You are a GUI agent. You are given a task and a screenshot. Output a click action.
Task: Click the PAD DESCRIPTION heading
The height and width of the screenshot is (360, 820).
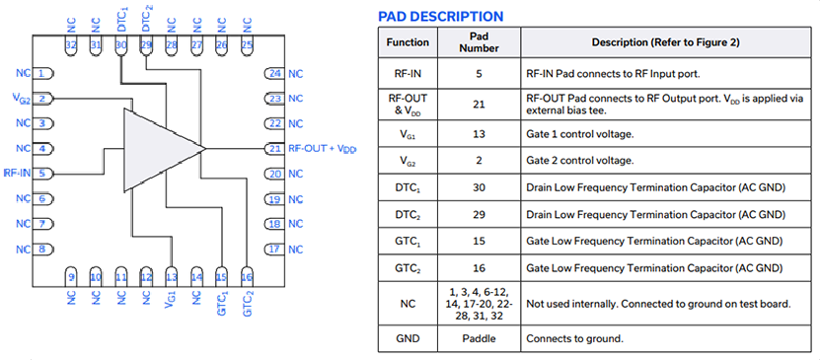coord(441,16)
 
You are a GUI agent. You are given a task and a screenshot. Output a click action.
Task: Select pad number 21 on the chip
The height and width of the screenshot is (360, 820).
coord(274,149)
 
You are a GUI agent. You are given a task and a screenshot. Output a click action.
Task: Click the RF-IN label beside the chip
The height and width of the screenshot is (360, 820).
coord(17,173)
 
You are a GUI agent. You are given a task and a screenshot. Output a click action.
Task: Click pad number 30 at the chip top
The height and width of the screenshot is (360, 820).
coord(120,45)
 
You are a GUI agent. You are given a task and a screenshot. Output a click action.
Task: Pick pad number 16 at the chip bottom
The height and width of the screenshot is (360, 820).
coord(247,277)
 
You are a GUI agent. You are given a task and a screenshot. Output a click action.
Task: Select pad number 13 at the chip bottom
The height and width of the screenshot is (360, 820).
coord(171,277)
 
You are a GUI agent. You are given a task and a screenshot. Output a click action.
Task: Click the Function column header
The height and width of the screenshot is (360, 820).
coord(408,42)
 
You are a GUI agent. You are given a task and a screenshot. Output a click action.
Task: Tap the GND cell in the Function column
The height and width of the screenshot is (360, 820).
coord(408,338)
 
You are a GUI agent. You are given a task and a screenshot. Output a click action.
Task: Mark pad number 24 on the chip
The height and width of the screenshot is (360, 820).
coord(274,74)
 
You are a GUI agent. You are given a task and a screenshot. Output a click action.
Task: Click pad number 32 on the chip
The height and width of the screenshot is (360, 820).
coord(70,45)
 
